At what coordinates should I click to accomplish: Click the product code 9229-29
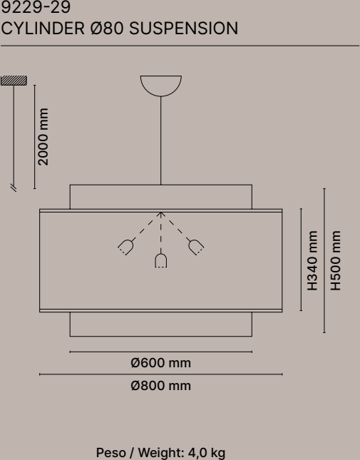click(x=36, y=7)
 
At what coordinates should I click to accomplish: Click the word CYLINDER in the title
click(x=43, y=29)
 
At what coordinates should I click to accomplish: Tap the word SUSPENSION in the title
click(x=183, y=29)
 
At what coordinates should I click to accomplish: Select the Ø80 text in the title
click(x=107, y=29)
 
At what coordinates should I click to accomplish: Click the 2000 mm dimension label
click(x=43, y=137)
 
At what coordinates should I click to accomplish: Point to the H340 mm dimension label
click(x=312, y=260)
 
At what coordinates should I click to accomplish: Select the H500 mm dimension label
click(x=336, y=260)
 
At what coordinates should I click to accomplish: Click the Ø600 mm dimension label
click(x=160, y=363)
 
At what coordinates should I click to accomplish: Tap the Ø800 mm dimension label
click(x=160, y=386)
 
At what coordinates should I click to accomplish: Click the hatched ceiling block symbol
click(x=14, y=81)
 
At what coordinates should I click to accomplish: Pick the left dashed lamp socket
click(x=126, y=247)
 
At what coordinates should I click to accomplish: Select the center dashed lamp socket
click(x=160, y=260)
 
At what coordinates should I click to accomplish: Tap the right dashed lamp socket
click(x=196, y=247)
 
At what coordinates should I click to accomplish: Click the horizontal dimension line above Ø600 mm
click(x=160, y=352)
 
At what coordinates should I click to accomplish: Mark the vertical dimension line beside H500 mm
click(x=324, y=260)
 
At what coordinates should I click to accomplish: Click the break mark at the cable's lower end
click(x=14, y=188)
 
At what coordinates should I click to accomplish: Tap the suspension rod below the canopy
click(x=160, y=140)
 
